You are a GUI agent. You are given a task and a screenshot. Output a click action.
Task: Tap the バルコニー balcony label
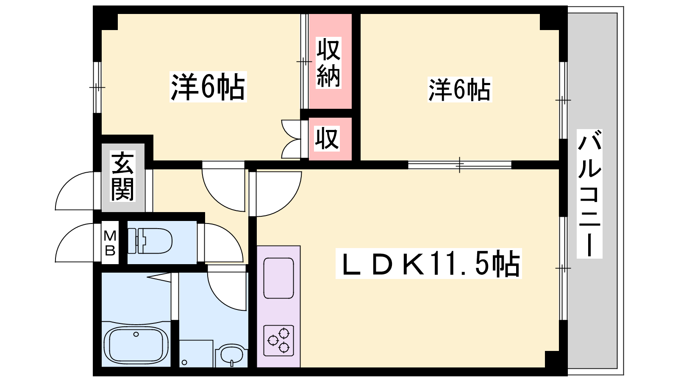pyautogui.click(x=589, y=194)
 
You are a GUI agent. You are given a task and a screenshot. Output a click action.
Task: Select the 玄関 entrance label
pyautogui.click(x=122, y=176)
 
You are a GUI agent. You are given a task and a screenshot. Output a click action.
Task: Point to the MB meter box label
pyautogui.click(x=110, y=243)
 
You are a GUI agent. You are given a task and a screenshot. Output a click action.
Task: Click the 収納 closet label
pyautogui.click(x=329, y=62)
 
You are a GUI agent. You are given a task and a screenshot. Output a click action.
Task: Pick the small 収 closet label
pyautogui.click(x=326, y=138)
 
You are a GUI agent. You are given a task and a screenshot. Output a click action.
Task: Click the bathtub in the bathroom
pyautogui.click(x=136, y=345)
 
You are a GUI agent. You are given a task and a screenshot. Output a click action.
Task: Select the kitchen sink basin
pyautogui.click(x=278, y=278)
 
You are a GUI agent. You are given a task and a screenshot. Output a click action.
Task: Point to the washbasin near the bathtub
pyautogui.click(x=231, y=355)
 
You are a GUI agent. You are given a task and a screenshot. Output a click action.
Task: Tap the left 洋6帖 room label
pyautogui.click(x=208, y=87)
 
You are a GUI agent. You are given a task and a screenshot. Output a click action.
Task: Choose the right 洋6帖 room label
pyautogui.click(x=459, y=90)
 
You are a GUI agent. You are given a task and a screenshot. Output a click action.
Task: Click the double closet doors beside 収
pyautogui.click(x=292, y=139)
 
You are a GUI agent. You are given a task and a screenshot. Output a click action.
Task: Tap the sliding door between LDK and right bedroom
pyautogui.click(x=460, y=165)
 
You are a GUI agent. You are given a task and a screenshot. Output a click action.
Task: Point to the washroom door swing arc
pyautogui.click(x=227, y=290)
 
